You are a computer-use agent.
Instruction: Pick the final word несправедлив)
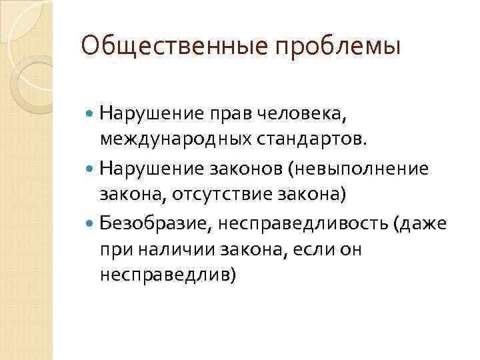point(167,274)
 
